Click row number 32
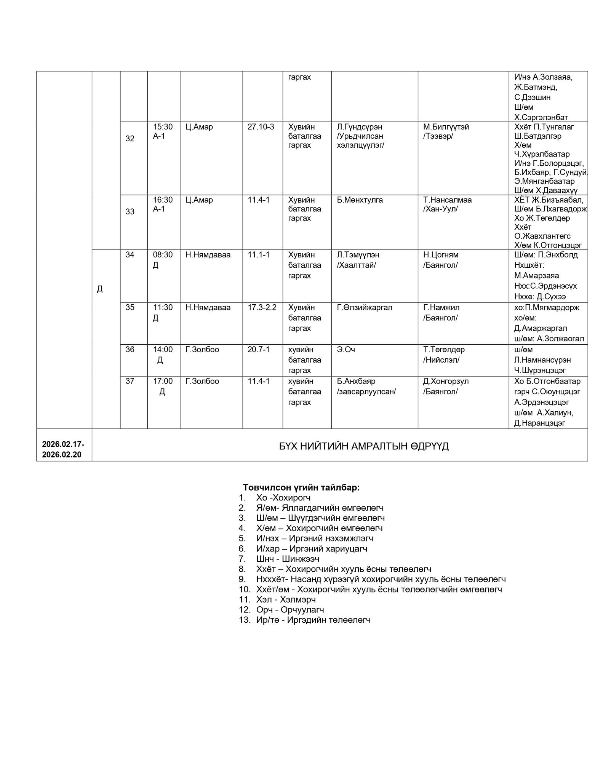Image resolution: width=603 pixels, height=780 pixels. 130,139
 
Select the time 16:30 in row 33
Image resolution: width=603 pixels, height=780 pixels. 163,200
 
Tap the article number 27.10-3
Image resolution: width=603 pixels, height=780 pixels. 261,127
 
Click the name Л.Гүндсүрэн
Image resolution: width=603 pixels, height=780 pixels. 359,127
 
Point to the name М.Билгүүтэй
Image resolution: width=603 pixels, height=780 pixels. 446,127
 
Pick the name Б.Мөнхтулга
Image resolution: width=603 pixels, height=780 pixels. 360,200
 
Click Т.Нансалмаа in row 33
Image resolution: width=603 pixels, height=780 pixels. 447,200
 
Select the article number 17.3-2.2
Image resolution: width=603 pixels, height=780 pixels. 262,307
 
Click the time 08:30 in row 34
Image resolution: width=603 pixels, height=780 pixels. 163,255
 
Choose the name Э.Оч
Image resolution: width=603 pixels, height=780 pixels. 346,349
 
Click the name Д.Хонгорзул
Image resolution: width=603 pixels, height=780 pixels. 446,381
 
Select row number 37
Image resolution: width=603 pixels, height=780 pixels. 130,381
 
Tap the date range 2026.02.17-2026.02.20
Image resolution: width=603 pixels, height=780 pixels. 63,449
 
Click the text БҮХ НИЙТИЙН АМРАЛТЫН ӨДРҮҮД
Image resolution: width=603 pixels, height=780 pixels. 364,446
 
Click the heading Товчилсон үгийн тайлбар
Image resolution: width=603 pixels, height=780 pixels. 301,487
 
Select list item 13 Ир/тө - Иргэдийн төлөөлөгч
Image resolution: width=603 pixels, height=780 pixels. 313,620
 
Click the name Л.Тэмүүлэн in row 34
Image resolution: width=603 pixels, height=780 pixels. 358,255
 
